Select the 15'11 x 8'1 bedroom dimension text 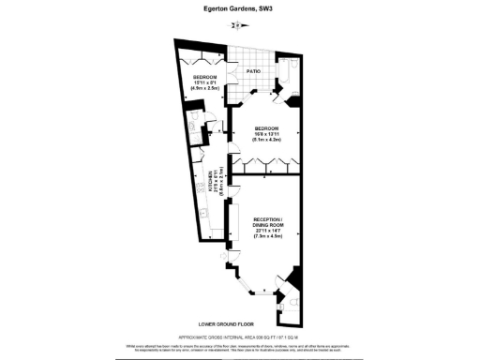tap(205, 83)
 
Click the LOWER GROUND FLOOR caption tap(239, 322)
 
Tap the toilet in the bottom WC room tap(293, 305)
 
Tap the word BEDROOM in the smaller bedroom tap(205, 77)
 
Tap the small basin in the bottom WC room tap(280, 302)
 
